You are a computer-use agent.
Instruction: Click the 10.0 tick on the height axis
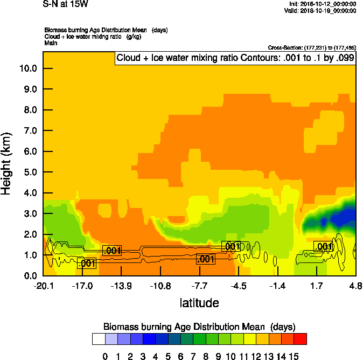[x=27, y=68]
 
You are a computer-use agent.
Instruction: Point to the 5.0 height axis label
[x=27, y=172]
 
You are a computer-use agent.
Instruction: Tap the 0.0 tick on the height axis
[x=27, y=276]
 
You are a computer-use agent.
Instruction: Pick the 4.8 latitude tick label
[x=355, y=285]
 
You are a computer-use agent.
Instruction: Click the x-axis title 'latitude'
[x=199, y=303]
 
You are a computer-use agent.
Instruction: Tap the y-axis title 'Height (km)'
[x=6, y=164]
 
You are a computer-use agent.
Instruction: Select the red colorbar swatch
[x=301, y=338]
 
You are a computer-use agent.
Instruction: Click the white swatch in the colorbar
[x=99, y=338]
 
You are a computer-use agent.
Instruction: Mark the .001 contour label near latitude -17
[x=87, y=264]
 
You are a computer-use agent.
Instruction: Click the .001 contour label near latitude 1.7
[x=324, y=247]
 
